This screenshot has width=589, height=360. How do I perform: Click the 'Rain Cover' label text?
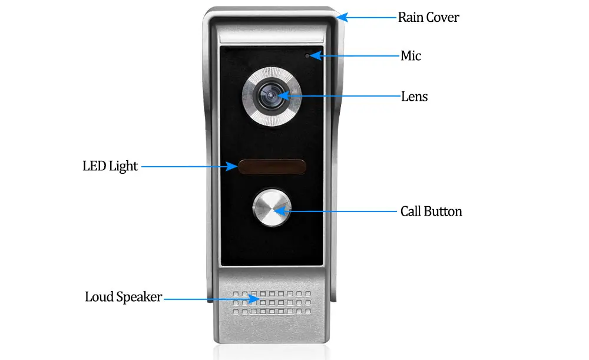click(429, 17)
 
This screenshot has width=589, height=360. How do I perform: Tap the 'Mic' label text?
click(411, 55)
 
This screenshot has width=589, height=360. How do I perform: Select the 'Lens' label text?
click(414, 97)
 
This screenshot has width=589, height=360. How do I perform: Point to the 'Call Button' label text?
click(431, 211)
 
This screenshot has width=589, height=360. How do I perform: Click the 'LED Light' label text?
click(110, 166)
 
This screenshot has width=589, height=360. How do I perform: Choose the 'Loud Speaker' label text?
click(123, 297)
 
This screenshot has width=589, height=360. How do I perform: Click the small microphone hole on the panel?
click(307, 56)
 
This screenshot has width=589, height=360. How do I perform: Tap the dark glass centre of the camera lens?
click(270, 95)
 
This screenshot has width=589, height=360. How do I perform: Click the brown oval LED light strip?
click(272, 167)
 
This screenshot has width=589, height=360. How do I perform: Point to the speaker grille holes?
click(272, 302)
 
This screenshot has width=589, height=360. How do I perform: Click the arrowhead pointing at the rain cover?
click(342, 17)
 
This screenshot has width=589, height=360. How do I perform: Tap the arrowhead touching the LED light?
click(231, 166)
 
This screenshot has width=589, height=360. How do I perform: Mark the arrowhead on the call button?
click(281, 211)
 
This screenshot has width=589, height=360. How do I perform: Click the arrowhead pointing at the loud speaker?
click(253, 299)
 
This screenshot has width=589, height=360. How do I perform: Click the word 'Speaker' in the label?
click(139, 297)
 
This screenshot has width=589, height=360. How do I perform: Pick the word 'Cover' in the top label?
click(444, 17)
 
